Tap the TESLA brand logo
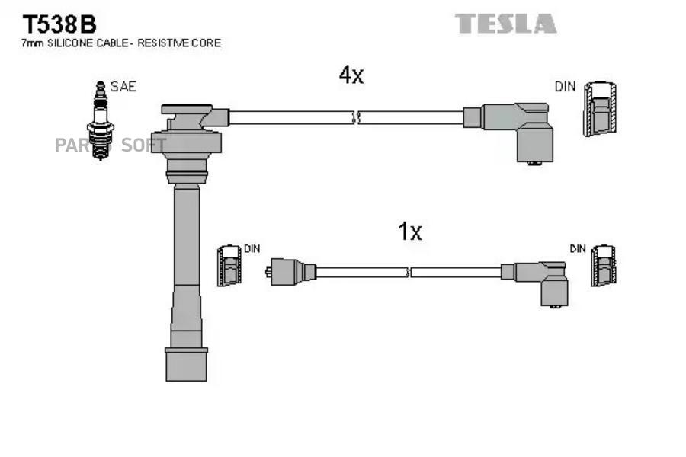coord(506,24)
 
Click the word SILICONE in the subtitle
coord(71,43)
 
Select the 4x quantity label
coord(351,75)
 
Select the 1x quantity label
coord(410,232)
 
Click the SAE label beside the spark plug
coord(123,87)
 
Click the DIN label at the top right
coord(565,87)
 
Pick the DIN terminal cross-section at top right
coord(599,109)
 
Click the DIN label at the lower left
coord(252,249)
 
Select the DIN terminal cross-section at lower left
coord(229,266)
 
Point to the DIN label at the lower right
coord(579,249)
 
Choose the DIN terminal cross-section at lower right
coord(604,266)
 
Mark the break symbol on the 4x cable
coord(355,118)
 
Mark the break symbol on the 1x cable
coord(409,272)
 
